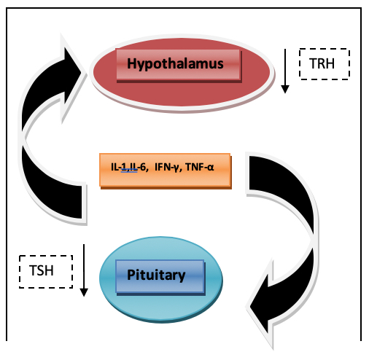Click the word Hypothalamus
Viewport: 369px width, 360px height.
[175, 64]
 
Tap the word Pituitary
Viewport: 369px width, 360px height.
[156, 275]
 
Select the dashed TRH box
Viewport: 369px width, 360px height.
[325, 64]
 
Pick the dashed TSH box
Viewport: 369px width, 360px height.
[46, 272]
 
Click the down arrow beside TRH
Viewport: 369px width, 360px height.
[285, 71]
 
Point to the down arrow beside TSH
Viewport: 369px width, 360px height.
[84, 270]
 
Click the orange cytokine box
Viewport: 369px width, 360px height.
[166, 171]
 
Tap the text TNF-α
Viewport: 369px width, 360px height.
[200, 167]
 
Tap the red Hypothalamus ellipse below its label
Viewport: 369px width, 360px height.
[182, 93]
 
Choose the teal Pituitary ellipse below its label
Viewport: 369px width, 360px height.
[161, 307]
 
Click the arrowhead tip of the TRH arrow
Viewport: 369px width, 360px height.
[285, 93]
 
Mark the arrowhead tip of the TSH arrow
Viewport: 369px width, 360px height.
[84, 297]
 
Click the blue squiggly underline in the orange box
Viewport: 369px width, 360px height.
[129, 171]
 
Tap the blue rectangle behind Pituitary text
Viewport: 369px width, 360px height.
[160, 276]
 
